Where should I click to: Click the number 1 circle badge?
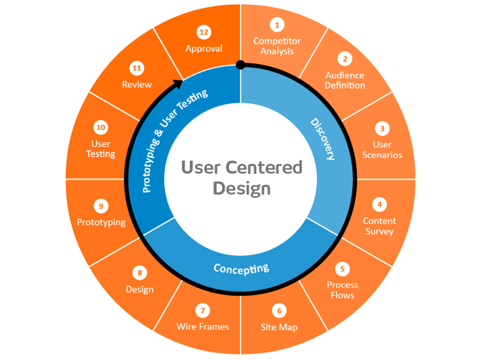click(277, 25)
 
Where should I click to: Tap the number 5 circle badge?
click(342, 269)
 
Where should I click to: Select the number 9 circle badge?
click(101, 206)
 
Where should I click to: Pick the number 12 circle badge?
click(203, 32)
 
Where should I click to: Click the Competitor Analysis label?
click(277, 46)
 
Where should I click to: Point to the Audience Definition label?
click(345, 80)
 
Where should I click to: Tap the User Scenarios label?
click(382, 149)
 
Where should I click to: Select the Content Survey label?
click(379, 226)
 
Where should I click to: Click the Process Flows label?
click(342, 290)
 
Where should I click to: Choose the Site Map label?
click(279, 327)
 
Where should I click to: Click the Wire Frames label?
click(203, 326)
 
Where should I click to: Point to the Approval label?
click(203, 48)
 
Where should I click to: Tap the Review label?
click(136, 84)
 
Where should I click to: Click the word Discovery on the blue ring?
click(322, 139)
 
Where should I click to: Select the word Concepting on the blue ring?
click(241, 267)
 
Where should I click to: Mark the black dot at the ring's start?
click(240, 64)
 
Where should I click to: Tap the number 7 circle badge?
click(203, 310)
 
